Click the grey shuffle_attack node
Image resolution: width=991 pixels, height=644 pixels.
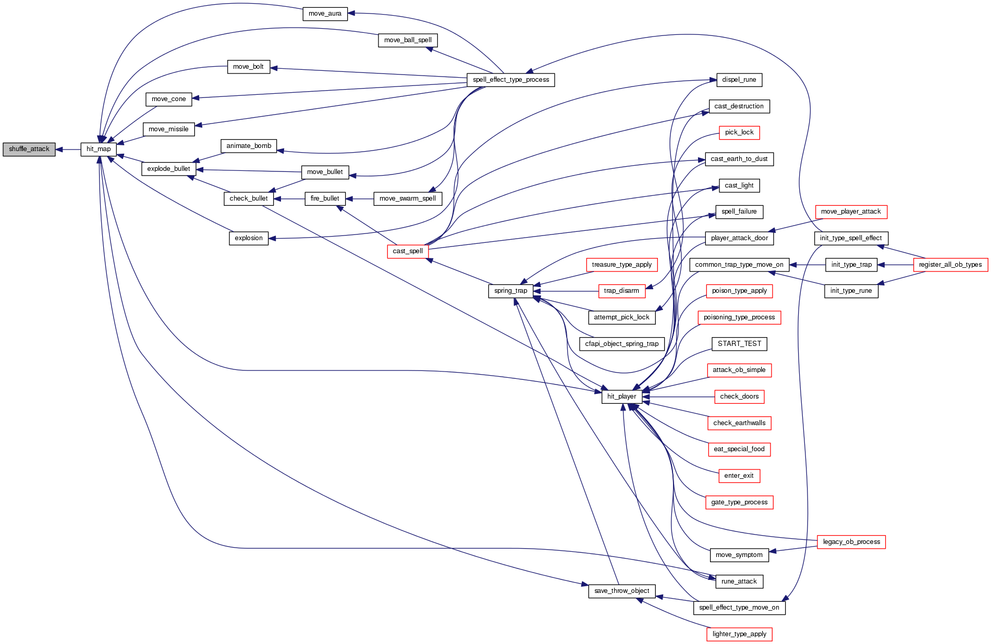click(29, 149)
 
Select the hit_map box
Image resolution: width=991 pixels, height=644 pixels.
click(99, 149)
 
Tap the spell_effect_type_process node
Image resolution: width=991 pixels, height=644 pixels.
click(511, 80)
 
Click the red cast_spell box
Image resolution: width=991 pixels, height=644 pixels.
click(408, 251)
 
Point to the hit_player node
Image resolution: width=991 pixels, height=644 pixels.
click(621, 397)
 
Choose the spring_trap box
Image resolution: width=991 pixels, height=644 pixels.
click(511, 291)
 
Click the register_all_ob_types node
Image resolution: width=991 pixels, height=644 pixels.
click(950, 265)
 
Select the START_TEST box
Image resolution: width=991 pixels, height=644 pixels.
click(739, 344)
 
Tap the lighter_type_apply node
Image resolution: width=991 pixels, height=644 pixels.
click(739, 634)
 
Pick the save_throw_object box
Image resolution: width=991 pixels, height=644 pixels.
click(621, 591)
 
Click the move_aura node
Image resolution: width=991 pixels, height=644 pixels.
click(325, 14)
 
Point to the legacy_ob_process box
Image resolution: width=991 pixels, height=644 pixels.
click(851, 542)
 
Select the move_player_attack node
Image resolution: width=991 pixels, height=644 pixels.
click(851, 212)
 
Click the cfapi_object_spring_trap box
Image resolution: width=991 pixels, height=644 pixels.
click(621, 344)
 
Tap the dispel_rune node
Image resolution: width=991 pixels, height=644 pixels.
click(739, 80)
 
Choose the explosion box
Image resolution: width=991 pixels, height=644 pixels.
click(249, 238)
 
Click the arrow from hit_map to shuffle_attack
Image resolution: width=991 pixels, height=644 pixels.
click(68, 150)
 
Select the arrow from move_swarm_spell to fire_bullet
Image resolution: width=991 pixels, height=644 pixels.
click(359, 199)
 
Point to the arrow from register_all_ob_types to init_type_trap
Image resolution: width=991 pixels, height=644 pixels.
click(896, 265)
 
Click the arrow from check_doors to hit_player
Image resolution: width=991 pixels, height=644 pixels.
click(678, 397)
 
